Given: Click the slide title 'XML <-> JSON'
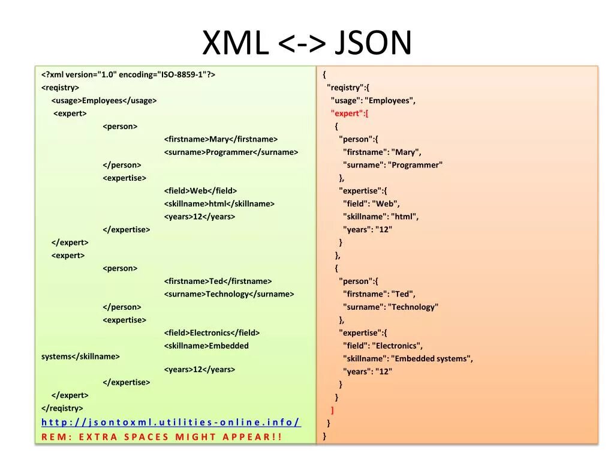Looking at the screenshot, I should (x=307, y=43).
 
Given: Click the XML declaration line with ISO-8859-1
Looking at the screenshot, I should (x=128, y=74).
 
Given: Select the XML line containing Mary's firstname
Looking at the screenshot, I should (x=221, y=139).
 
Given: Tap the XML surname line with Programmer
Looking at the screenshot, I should (x=231, y=152).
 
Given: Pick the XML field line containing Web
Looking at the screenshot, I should (x=200, y=191).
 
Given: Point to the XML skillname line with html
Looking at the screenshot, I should (x=219, y=203).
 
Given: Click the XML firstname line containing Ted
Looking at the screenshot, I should (x=218, y=281).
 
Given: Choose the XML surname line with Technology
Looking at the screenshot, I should (x=229, y=294).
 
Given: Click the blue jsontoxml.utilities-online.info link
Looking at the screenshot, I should (x=171, y=422).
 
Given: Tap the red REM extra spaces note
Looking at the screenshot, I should (x=161, y=436).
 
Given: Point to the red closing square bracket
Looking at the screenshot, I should (x=332, y=411).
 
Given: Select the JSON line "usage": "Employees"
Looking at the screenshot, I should (x=373, y=100).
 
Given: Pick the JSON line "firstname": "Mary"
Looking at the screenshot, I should (x=382, y=152).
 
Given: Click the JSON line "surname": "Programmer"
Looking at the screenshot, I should (x=393, y=165).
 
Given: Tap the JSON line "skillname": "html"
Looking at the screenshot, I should (x=381, y=217).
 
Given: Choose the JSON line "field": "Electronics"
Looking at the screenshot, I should (x=383, y=346).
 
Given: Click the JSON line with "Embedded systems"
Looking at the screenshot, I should (x=408, y=358).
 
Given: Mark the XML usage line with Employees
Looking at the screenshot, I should (x=104, y=100).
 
